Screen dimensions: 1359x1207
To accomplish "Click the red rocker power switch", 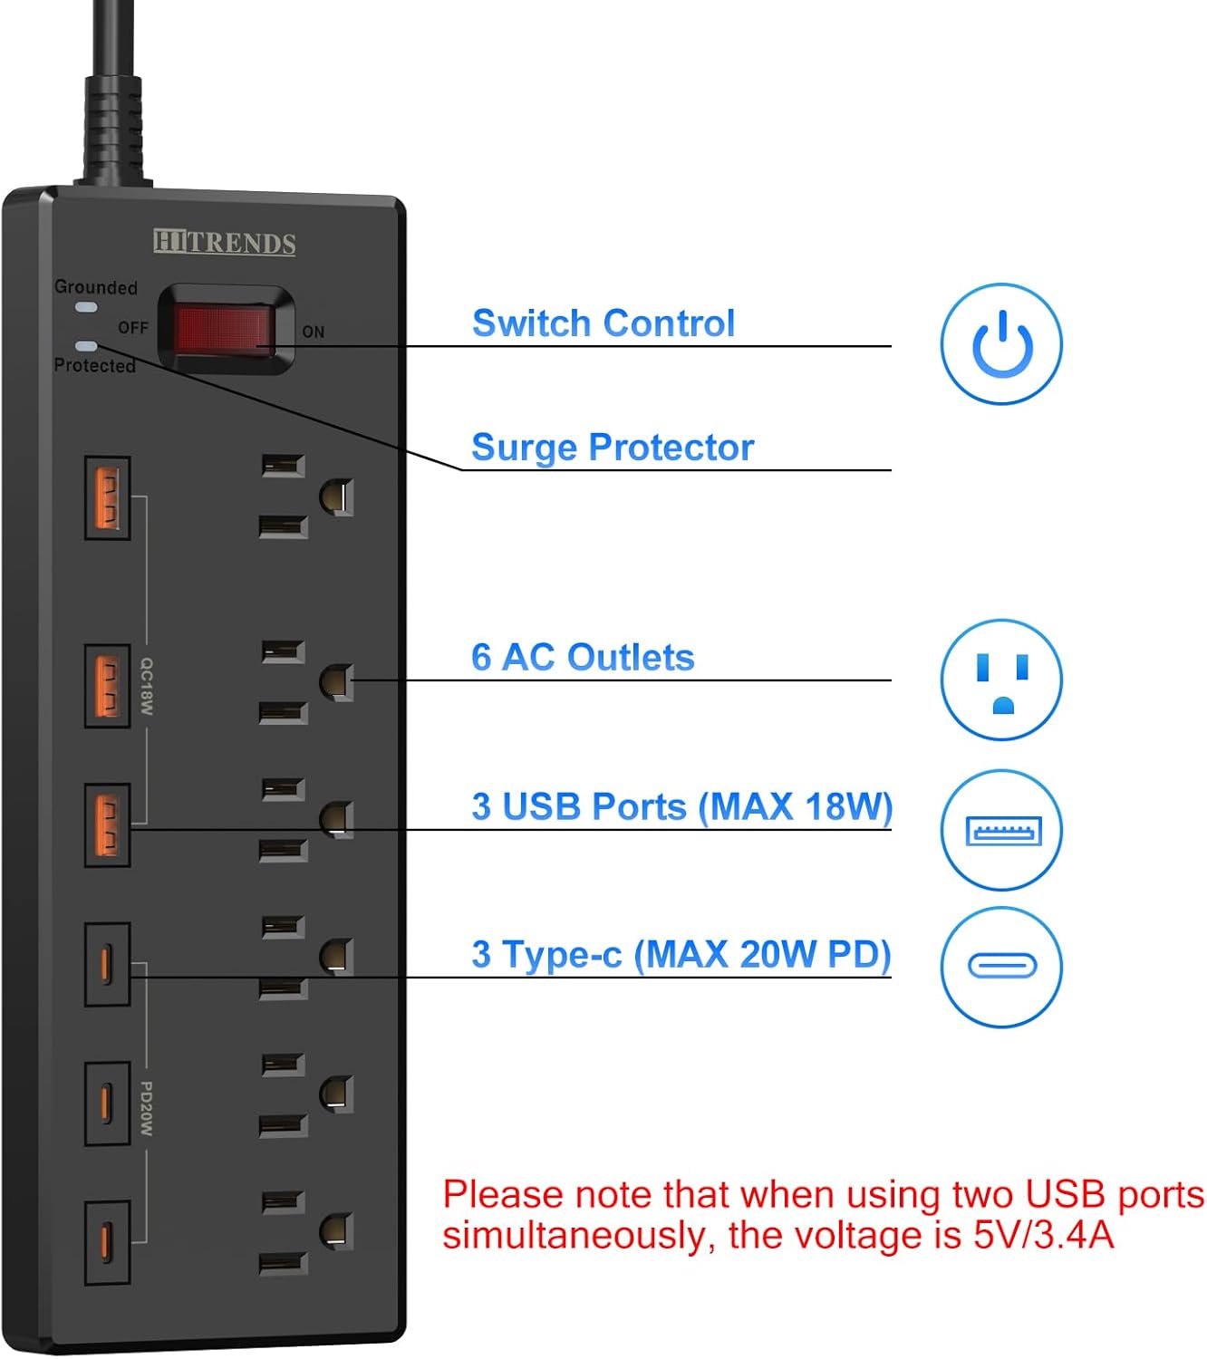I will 224,329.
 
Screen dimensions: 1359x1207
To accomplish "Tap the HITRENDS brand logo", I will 224,243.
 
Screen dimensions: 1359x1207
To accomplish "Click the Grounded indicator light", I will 87,308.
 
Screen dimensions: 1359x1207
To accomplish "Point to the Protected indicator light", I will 87,346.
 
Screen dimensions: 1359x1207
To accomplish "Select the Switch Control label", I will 603,323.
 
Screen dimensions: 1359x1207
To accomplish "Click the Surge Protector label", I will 613,448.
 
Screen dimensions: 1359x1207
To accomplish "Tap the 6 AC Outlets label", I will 583,658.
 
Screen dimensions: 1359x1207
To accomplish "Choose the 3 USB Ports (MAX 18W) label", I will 681,806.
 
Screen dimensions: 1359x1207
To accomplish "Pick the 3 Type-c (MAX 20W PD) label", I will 681,955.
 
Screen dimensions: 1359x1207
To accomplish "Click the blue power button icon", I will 1001,344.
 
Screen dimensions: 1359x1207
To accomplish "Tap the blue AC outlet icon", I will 1001,679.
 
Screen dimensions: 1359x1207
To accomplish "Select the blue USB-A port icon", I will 1001,830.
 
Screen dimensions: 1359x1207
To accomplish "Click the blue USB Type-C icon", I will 1001,966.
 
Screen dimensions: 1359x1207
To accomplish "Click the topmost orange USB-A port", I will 107,498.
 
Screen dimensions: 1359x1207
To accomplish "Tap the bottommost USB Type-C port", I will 107,1243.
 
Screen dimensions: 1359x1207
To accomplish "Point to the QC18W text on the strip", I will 146,686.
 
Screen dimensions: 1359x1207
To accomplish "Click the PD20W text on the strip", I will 146,1109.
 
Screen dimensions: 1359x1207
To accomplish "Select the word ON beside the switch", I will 314,333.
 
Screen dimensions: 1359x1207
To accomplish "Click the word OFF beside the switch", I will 132,328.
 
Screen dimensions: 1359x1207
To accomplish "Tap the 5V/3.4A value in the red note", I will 1043,1236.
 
